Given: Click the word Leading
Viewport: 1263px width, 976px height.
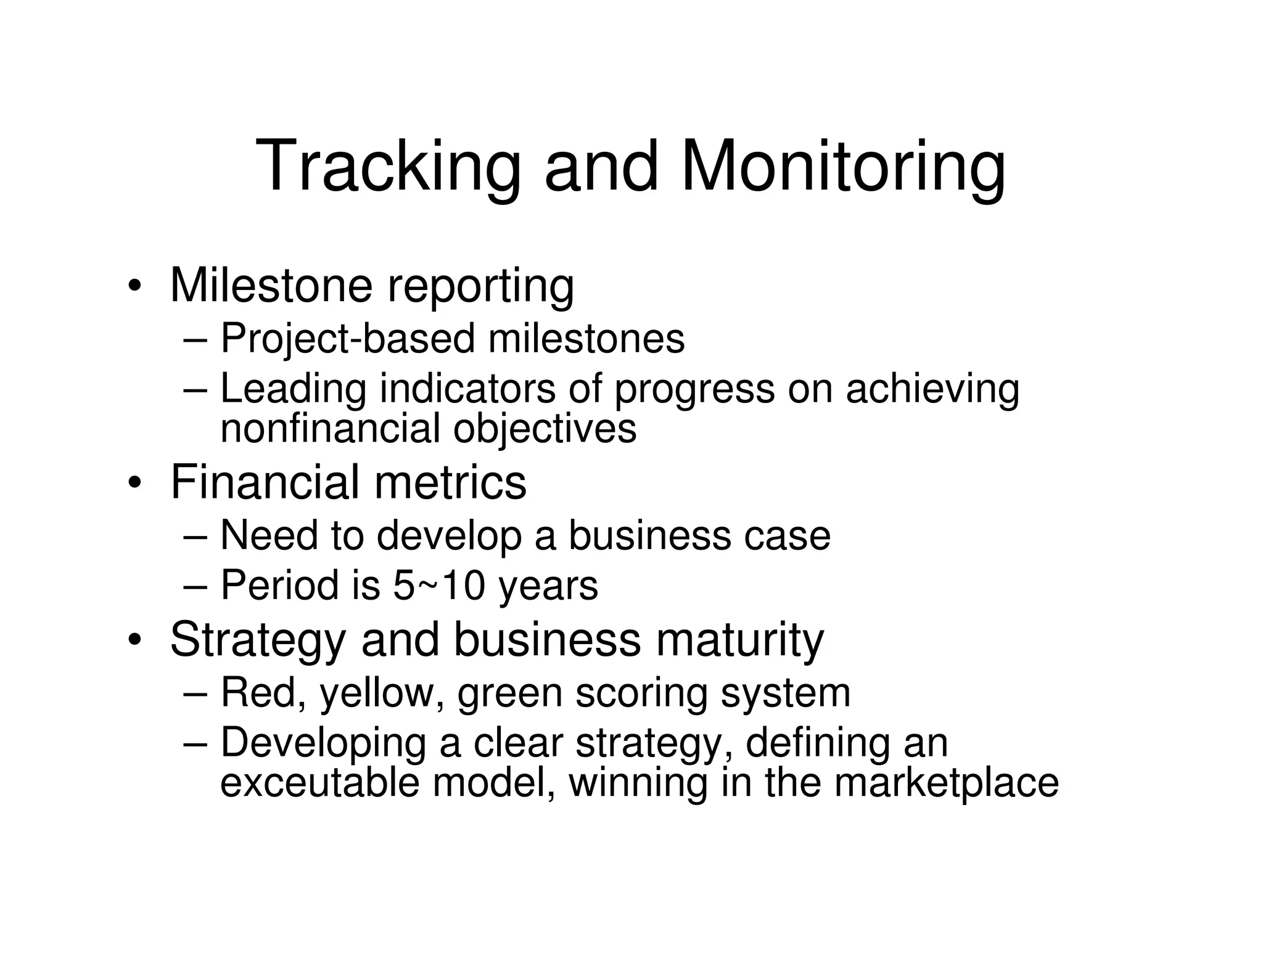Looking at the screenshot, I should [292, 389].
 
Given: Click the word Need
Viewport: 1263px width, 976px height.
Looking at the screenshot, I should [268, 535].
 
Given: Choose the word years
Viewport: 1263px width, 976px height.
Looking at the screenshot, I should [548, 586].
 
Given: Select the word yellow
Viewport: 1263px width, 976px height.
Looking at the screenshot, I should [382, 693].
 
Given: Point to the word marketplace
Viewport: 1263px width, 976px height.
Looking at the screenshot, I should [946, 783].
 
